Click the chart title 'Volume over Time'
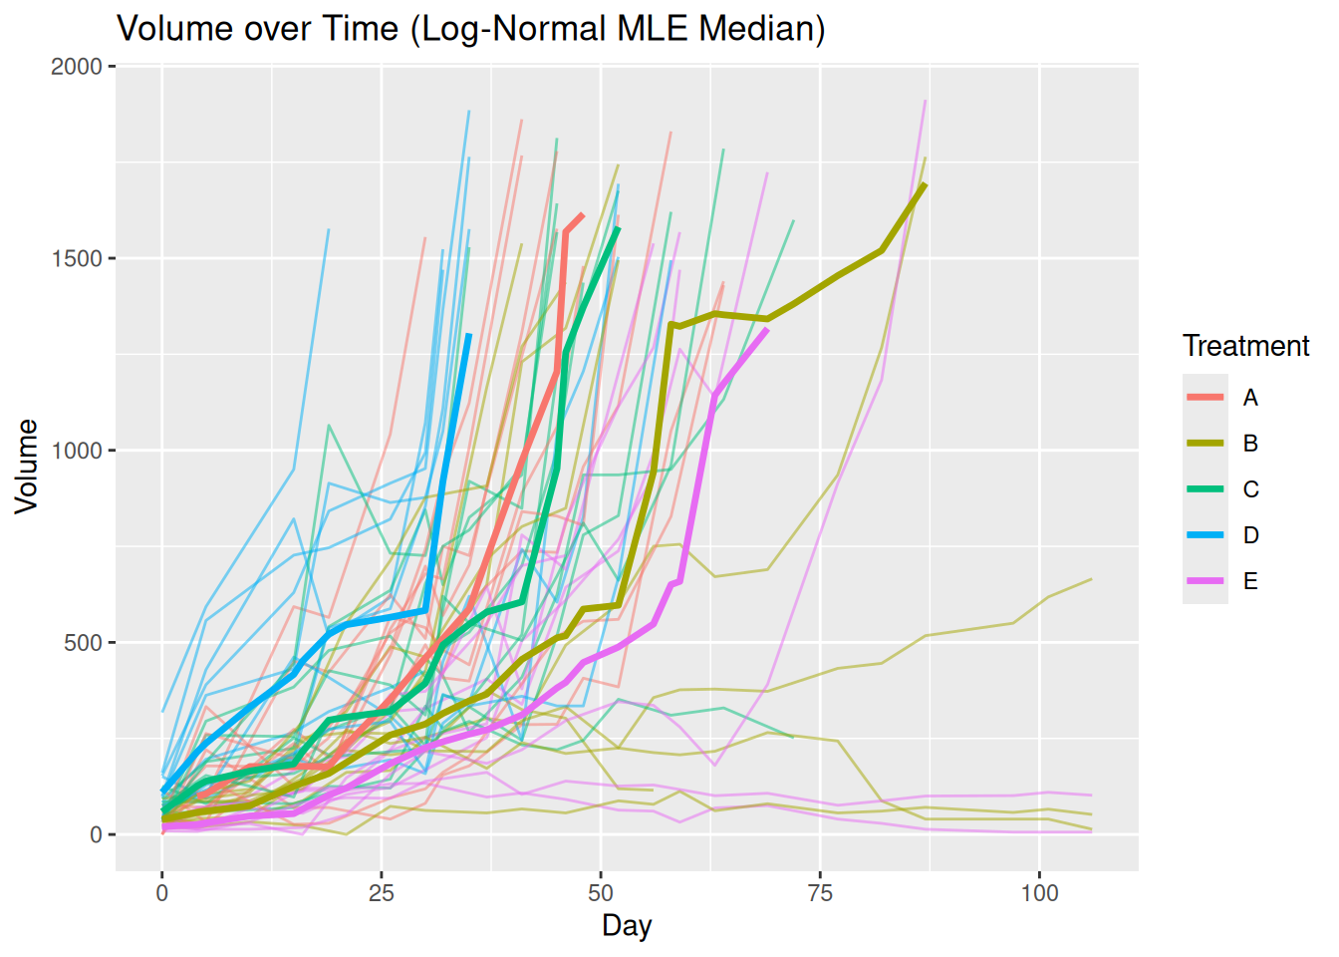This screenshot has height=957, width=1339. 471,28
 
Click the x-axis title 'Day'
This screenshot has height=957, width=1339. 627,925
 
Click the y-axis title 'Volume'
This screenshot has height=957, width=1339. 27,467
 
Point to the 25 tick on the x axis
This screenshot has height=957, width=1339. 382,892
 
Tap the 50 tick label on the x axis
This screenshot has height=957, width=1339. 601,892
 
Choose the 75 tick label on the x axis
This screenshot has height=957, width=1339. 821,892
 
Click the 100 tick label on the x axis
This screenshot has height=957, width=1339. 1039,892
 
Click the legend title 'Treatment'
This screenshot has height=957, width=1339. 1245,346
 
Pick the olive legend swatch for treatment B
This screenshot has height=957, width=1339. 1205,444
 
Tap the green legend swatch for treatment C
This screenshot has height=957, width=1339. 1205,489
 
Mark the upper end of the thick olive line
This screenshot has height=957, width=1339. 926,184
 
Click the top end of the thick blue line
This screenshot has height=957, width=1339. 469,335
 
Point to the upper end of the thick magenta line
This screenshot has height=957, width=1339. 767,329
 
